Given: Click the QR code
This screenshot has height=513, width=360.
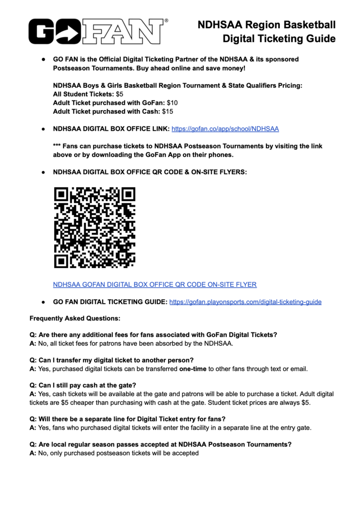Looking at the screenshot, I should pos(95,227).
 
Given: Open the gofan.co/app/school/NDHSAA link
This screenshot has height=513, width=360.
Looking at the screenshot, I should pos(225,129).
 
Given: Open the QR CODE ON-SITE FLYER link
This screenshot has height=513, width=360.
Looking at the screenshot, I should pos(155,285).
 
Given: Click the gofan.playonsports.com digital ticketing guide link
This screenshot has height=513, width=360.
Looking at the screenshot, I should pos(245,302).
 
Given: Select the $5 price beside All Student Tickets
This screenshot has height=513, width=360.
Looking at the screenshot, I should pos(120,94).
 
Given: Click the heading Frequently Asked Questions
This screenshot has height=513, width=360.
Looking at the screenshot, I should pos(75,318).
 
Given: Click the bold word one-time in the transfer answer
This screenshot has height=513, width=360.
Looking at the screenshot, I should pos(193,369).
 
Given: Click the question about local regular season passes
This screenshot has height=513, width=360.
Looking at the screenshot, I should pos(161,444).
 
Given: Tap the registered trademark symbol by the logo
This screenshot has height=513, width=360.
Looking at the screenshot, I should pos(166,21).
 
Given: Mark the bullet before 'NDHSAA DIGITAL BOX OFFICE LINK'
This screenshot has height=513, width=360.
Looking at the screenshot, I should pos(44,129).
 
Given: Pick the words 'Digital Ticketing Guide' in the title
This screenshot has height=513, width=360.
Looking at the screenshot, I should pos(279,38).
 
